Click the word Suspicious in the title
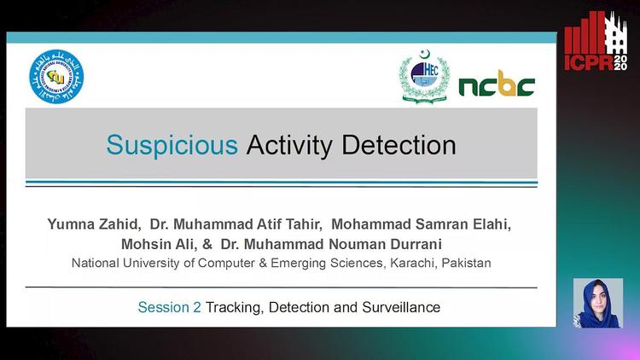(x=172, y=145)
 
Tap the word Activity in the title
(x=290, y=145)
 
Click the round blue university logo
(x=57, y=78)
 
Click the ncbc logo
(x=497, y=84)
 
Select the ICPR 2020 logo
(x=595, y=43)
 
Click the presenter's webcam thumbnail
(x=597, y=303)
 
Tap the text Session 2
(x=169, y=307)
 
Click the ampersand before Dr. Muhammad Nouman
(x=207, y=245)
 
